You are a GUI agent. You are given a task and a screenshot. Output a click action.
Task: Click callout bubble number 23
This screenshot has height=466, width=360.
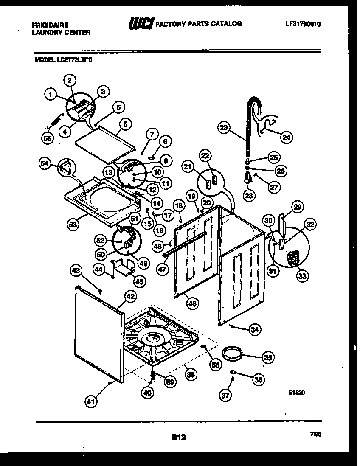point(224,127)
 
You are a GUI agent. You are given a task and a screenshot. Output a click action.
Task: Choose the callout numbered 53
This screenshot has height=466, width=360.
point(73,225)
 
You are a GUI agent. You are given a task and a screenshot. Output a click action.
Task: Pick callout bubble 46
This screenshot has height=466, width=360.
point(193,304)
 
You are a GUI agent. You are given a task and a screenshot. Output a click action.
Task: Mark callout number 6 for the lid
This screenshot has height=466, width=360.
point(124,124)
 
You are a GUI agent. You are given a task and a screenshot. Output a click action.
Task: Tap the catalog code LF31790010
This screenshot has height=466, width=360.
point(303,24)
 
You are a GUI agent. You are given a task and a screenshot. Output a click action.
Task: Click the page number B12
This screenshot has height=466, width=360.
point(179,436)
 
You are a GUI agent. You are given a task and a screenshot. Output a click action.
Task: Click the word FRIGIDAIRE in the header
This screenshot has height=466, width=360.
point(50,25)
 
